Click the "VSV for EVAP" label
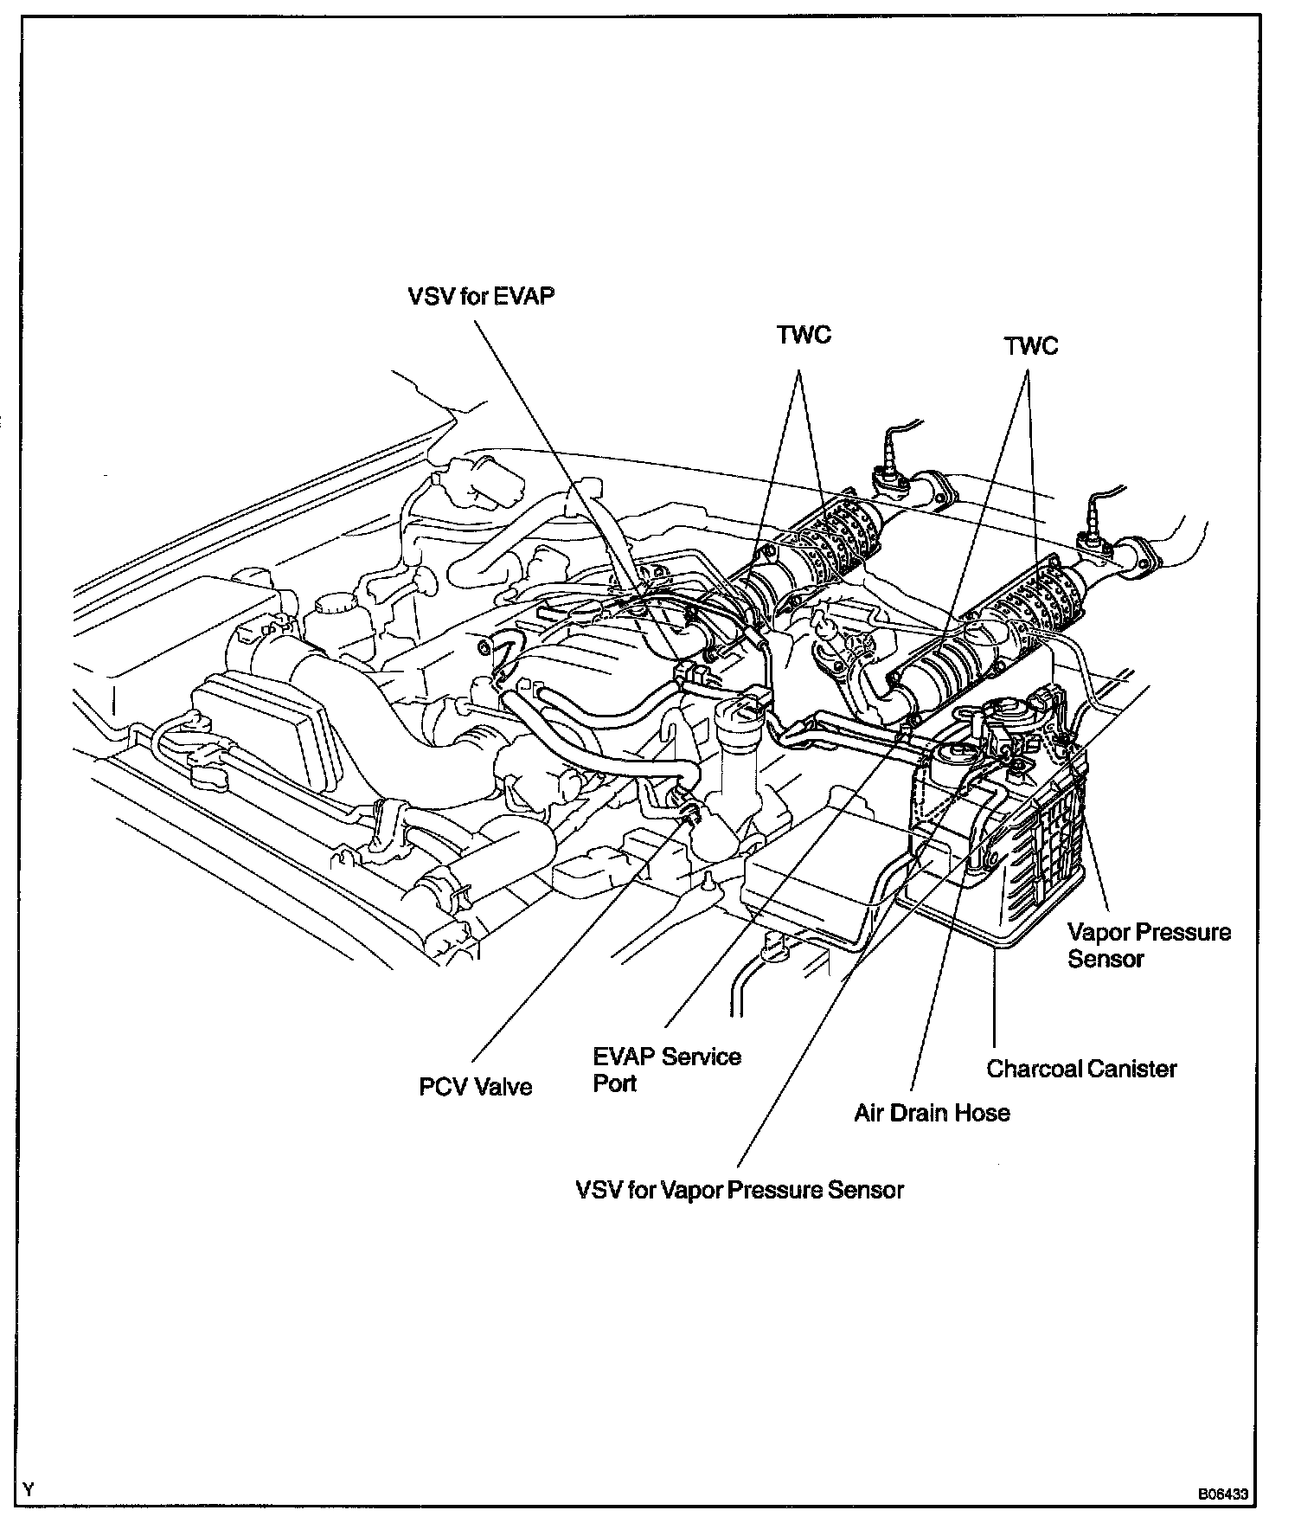[481, 296]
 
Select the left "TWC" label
[804, 336]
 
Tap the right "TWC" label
[1031, 346]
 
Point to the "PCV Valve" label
[476, 1087]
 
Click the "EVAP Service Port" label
[667, 1070]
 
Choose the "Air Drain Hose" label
[932, 1113]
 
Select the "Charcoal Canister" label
[1081, 1069]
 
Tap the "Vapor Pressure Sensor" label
[1149, 945]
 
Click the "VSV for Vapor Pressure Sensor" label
[740, 1190]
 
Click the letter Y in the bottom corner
[29, 1489]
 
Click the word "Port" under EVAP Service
[615, 1083]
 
